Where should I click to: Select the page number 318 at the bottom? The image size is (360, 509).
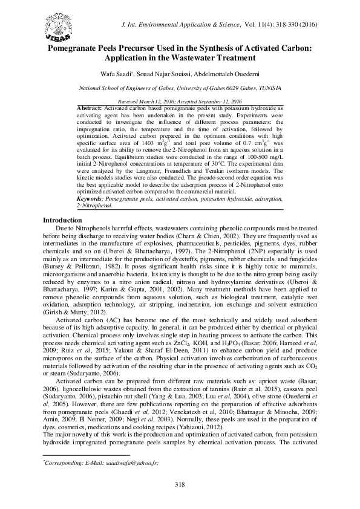pyautogui.click(x=180, y=484)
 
